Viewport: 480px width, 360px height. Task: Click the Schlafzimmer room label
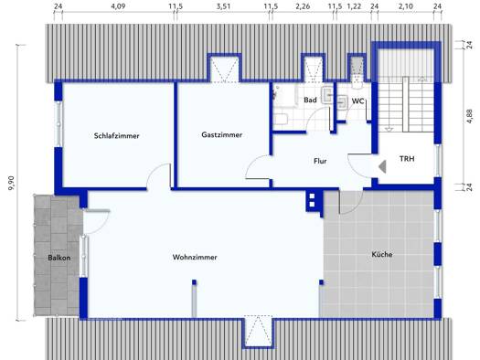[x=117, y=136]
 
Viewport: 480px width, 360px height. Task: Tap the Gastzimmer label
[x=222, y=135]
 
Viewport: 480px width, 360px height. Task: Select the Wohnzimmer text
[x=195, y=258]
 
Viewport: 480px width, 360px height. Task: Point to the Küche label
[x=382, y=255]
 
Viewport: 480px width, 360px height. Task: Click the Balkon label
[x=59, y=258]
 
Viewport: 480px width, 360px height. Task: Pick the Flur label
[x=320, y=161]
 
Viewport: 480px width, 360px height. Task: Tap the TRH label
[x=407, y=159]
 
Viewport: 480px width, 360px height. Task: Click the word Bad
[x=310, y=100]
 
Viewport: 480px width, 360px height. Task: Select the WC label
[x=357, y=101]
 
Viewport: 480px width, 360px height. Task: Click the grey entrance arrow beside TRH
[x=382, y=167]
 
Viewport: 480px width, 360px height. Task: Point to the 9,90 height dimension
[x=12, y=184]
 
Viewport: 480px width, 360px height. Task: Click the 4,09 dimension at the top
[x=118, y=6]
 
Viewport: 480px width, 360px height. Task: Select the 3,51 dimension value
[x=223, y=6]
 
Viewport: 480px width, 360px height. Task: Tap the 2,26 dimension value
[x=303, y=6]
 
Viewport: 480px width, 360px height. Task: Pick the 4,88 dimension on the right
[x=469, y=117]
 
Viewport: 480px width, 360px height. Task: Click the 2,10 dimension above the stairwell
[x=406, y=6]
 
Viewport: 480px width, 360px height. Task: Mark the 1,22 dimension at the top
[x=354, y=6]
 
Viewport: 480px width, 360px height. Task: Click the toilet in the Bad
[x=281, y=119]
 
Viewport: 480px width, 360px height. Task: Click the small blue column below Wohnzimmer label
[x=194, y=282]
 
